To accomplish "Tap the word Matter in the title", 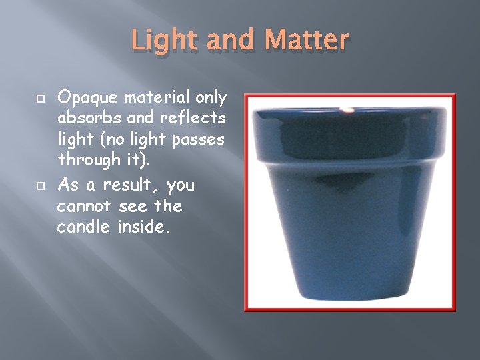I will pyautogui.click(x=308, y=41).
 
